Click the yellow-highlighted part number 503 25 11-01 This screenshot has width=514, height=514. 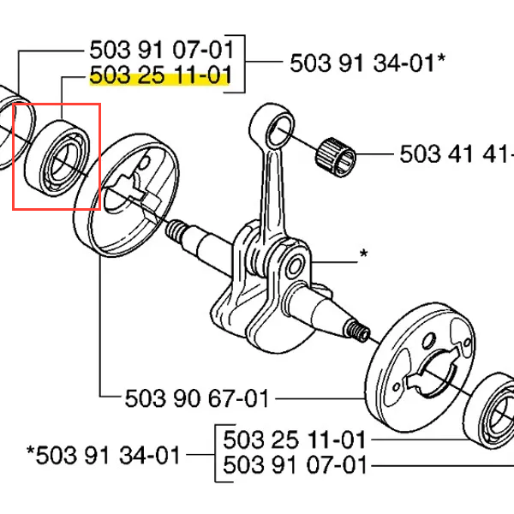160,75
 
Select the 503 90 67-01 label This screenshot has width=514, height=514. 197,398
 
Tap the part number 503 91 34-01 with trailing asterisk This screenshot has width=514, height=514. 368,63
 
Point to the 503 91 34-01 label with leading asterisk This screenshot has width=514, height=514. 104,455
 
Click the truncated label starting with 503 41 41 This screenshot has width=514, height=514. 457,153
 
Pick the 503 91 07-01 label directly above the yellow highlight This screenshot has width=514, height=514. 161,50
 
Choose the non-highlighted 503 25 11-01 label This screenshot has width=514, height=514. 294,439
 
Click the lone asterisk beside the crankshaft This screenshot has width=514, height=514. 363,254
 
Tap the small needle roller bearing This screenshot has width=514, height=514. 335,158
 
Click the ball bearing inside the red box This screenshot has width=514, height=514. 57,158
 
